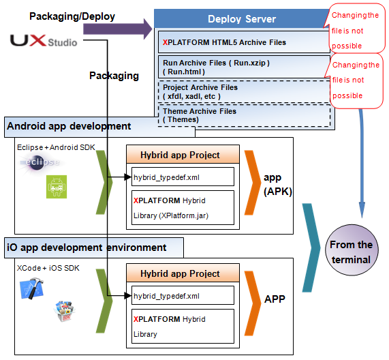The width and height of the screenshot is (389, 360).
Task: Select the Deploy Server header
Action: pyautogui.click(x=242, y=19)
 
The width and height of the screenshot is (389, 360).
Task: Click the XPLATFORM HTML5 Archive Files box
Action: pyautogui.click(x=243, y=42)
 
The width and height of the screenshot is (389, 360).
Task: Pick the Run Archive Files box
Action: pyautogui.click(x=243, y=67)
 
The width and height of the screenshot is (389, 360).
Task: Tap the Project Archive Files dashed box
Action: pyautogui.click(x=243, y=92)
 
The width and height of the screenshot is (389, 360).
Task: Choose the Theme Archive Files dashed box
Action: pyautogui.click(x=243, y=115)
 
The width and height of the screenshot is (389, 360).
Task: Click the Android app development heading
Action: pyautogui.click(x=69, y=126)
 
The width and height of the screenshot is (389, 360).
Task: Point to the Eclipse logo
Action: pyautogui.click(x=40, y=163)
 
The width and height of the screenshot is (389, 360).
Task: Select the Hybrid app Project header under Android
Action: pyautogui.click(x=180, y=155)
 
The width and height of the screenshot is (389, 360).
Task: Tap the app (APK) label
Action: pyautogui.click(x=277, y=185)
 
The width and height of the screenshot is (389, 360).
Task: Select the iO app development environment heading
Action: pyautogui.click(x=86, y=247)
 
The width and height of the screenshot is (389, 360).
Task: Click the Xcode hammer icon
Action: pyautogui.click(x=31, y=290)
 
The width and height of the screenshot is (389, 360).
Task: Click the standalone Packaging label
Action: pyautogui.click(x=114, y=76)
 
